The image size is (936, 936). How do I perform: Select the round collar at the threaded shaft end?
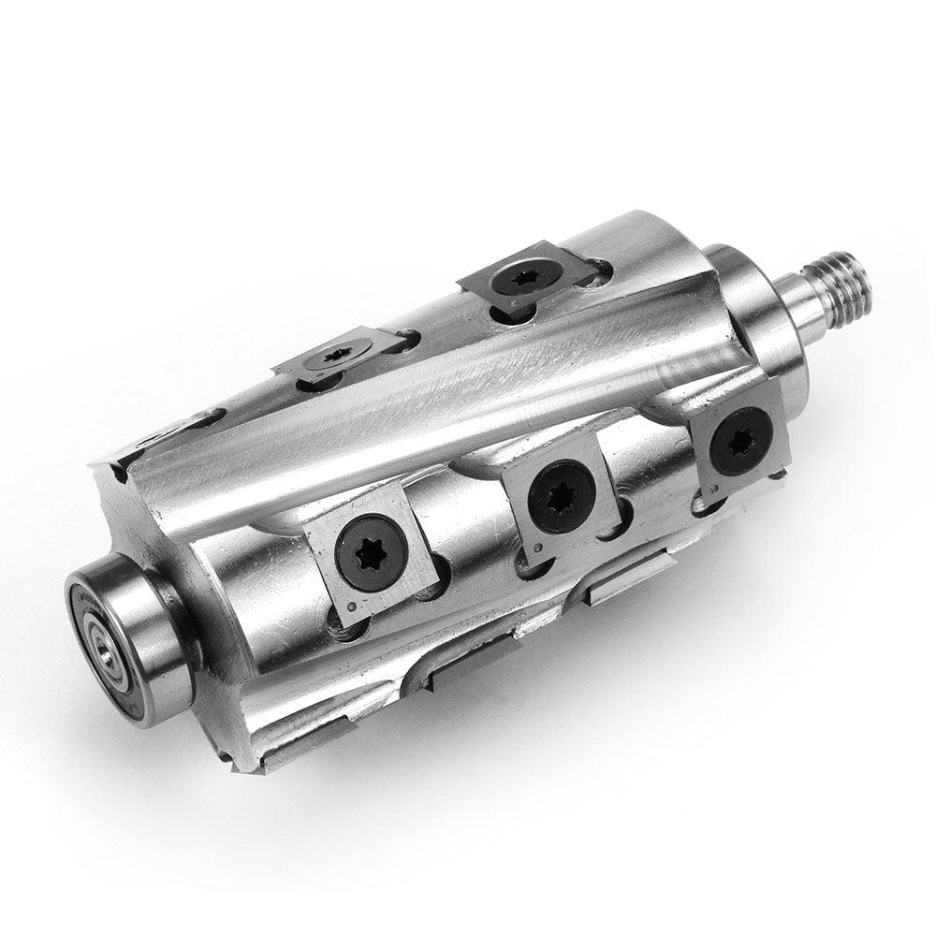(x=749, y=300)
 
